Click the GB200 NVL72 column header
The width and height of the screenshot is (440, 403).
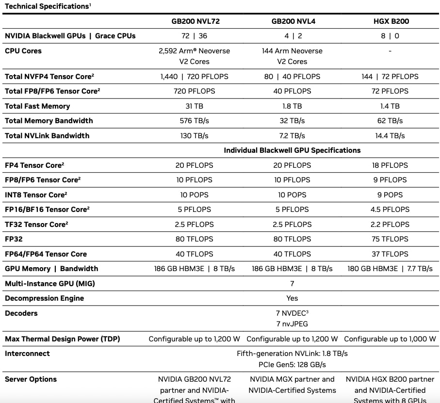[x=194, y=21]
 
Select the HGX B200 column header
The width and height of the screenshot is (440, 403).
[x=390, y=21]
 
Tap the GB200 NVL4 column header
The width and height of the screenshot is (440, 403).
[x=292, y=21]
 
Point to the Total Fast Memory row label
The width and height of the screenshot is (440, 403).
[x=37, y=106]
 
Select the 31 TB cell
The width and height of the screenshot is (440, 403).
[x=194, y=106]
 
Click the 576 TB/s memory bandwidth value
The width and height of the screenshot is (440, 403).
[x=194, y=121]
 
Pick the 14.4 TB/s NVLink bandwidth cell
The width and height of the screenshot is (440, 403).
[x=390, y=136]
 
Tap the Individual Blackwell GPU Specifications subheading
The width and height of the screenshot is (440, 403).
[x=292, y=150]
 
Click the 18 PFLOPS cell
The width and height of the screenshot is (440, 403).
[x=390, y=165]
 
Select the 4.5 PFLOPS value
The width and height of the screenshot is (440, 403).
[x=390, y=210]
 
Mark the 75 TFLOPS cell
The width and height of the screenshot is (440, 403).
[x=390, y=239]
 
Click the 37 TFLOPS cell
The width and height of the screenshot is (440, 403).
[x=390, y=254]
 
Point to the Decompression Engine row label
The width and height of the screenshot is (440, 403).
[x=44, y=298]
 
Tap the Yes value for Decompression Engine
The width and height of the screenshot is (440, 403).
[x=292, y=298]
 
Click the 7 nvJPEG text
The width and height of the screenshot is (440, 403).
[x=292, y=324]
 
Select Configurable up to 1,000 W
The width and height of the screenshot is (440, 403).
[x=390, y=339]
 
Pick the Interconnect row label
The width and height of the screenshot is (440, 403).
[x=27, y=354]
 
